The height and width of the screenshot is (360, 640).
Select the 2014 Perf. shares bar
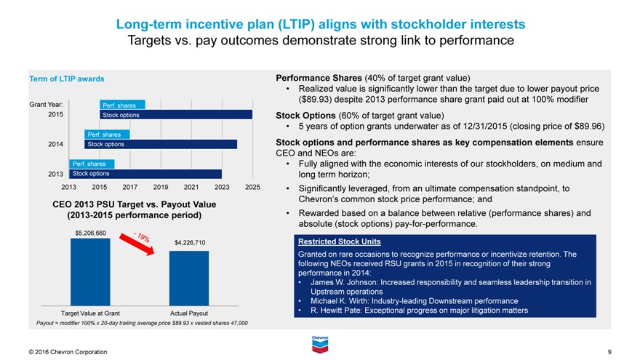tap(107, 135)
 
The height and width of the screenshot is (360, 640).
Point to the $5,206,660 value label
tap(91, 233)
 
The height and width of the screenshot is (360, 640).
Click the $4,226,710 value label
tap(189, 242)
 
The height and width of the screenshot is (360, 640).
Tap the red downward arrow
tap(143, 243)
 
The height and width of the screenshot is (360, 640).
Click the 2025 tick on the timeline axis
tap(252, 188)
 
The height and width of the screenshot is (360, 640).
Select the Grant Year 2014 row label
tap(55, 144)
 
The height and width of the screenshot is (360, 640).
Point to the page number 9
tap(609, 352)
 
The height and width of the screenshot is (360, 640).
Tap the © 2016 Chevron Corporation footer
tap(68, 352)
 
